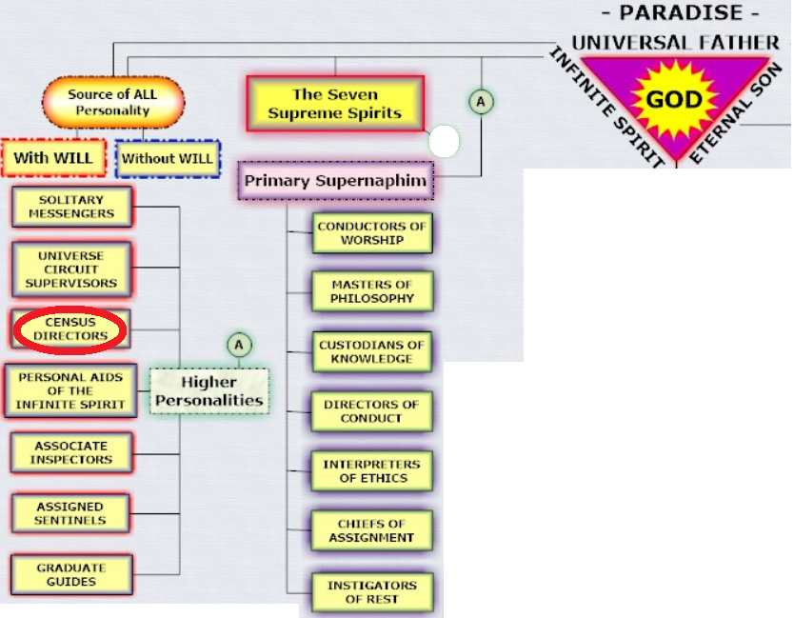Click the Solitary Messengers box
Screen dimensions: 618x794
[70, 207]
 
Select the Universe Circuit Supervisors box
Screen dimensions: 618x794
[70, 269]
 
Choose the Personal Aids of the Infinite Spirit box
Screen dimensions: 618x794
[70, 390]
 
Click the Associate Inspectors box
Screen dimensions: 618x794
[72, 452]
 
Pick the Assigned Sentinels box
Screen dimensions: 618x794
[70, 513]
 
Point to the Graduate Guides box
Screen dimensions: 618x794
[72, 574]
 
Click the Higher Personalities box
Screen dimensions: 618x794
[208, 390]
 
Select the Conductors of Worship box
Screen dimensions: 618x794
[372, 233]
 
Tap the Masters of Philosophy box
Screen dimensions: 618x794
[372, 291]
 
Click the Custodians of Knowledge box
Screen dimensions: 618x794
[372, 351]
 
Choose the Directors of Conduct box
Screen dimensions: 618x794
[372, 411]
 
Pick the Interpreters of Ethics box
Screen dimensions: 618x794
[372, 471]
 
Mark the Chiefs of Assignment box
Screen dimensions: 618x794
[372, 530]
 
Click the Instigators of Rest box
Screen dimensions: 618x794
[372, 591]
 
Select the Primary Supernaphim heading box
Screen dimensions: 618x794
[335, 180]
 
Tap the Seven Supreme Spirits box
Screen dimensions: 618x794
[334, 103]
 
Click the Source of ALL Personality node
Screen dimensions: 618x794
[112, 102]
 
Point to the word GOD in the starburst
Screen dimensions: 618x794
[674, 100]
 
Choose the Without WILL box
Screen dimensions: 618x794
[168, 158]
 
